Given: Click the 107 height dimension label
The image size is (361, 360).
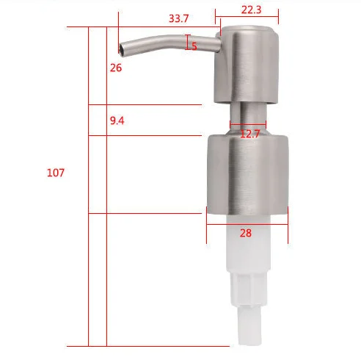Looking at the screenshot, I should [56, 173].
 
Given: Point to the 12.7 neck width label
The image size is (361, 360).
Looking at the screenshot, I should [250, 134].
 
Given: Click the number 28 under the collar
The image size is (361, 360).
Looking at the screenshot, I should [245, 232].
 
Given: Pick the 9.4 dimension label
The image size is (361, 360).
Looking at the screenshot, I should [117, 120].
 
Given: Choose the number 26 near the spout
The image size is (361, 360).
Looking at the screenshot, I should [116, 68].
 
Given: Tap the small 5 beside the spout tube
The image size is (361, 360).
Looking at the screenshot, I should [194, 46].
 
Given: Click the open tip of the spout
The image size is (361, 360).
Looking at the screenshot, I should [120, 49].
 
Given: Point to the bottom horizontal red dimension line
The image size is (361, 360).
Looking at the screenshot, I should [147, 346].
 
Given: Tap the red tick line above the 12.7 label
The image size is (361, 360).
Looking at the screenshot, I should [247, 123].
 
